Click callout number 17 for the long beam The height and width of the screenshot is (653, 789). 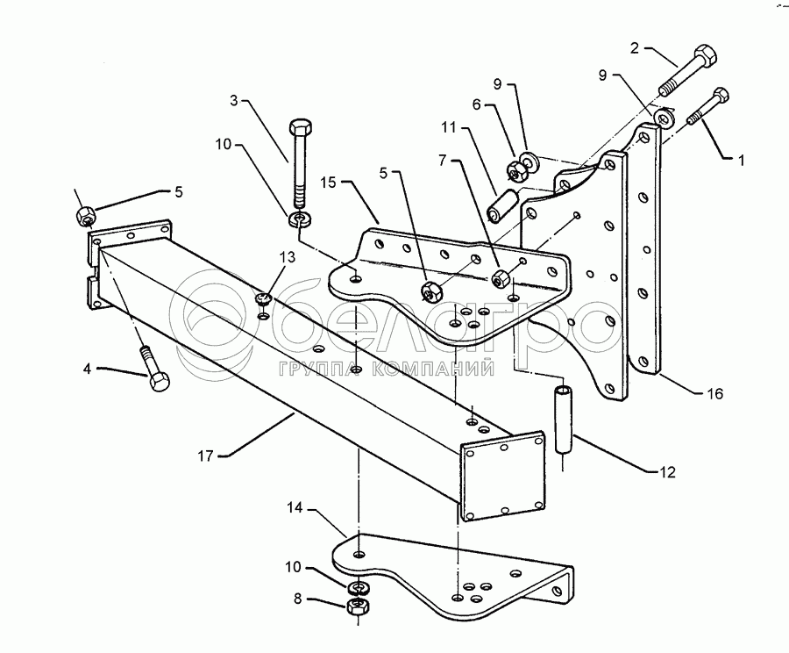[x=206, y=456]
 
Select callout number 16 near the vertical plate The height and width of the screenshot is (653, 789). [x=715, y=394]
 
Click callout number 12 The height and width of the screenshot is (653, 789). [x=669, y=471]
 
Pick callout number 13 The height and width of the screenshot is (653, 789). [x=287, y=256]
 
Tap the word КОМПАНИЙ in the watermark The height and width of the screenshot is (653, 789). [x=439, y=369]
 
